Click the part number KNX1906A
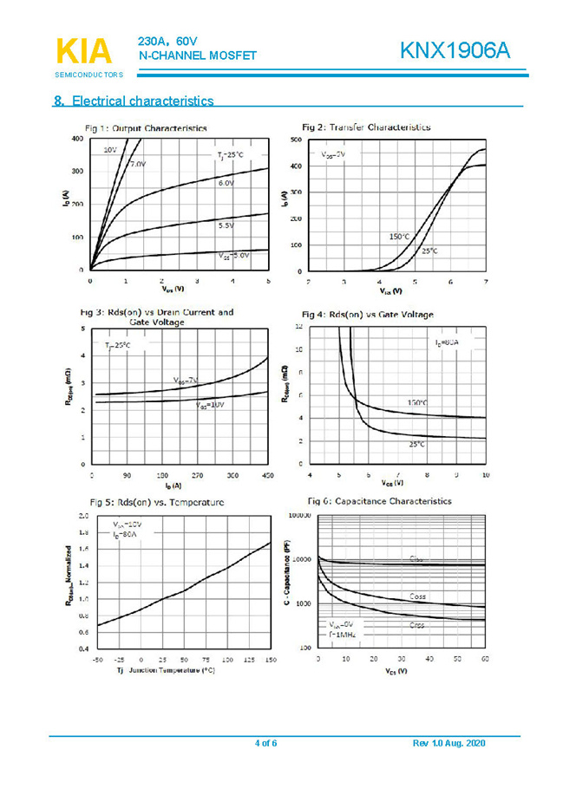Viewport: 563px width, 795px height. [x=455, y=51]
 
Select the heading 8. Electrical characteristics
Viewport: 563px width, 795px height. [x=134, y=101]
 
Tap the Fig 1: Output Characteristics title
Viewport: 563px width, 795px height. [x=146, y=128]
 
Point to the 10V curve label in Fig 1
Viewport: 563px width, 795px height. [x=110, y=150]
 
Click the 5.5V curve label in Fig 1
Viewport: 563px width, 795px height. [x=226, y=225]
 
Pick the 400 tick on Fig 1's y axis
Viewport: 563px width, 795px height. [x=78, y=139]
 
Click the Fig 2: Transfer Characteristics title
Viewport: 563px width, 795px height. [x=365, y=127]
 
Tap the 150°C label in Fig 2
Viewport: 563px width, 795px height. [x=399, y=236]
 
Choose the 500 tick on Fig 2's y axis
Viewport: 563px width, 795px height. [x=296, y=140]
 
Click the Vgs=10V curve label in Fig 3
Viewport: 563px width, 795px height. [x=209, y=406]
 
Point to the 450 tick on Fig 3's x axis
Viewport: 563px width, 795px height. [x=267, y=476]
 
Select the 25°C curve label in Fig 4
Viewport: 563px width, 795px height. [x=416, y=444]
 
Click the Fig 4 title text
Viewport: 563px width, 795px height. [x=367, y=314]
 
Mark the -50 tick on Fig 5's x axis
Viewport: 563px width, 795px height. [x=97, y=660]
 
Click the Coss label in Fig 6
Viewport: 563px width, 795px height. [x=417, y=596]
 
